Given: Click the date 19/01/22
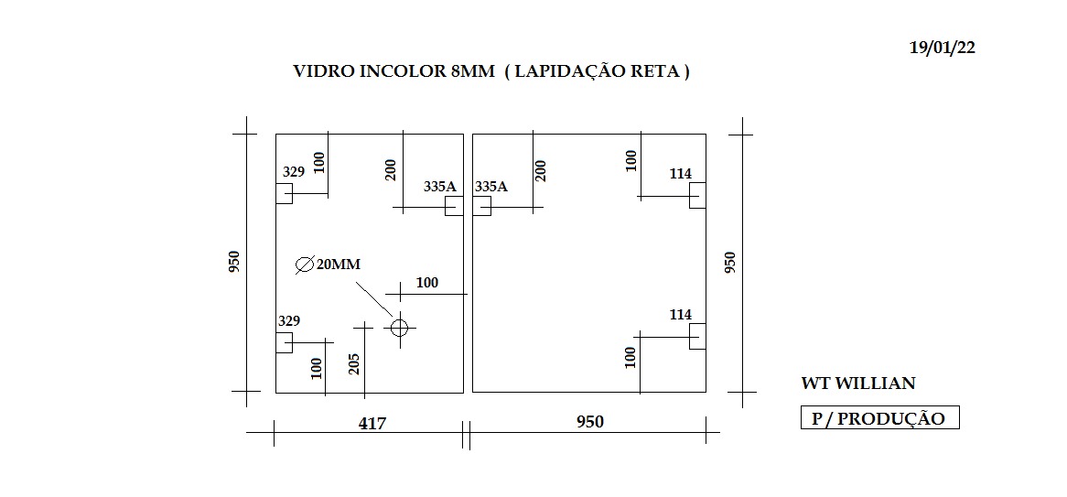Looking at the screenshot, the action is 943,48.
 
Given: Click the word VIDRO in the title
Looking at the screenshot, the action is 318,71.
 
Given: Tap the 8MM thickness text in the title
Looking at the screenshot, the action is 472,71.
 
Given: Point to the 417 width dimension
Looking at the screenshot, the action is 372,424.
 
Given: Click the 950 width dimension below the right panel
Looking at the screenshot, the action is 590,422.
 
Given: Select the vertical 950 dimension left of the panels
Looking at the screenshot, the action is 234,263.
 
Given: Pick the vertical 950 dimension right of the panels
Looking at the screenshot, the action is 729,263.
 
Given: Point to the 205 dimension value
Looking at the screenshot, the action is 353,364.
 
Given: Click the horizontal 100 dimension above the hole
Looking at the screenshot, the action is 426,283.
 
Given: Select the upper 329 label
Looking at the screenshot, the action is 294,171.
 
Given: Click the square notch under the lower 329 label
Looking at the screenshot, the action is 284,342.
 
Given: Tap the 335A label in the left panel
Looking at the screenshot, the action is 439,186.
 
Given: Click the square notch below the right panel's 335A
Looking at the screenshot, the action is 481,206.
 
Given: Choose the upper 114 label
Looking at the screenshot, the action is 681,174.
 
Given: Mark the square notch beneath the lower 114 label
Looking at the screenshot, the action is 697,336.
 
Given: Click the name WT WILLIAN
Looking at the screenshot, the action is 858,384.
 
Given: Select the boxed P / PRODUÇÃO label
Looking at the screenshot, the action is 880,418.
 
